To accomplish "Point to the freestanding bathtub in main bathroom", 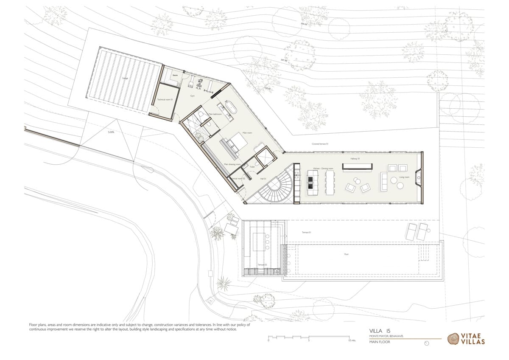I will [x=231, y=108].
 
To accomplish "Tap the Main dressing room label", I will [x=232, y=164].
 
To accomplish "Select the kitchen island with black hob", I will [x=312, y=183].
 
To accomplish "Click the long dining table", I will [x=330, y=183].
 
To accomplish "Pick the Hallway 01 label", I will [x=355, y=159].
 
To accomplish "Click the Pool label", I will [x=346, y=255].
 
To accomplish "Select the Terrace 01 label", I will [x=307, y=232].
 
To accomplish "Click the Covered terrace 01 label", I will [x=320, y=144].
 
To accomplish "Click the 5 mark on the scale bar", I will [x=309, y=340].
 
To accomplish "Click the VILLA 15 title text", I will [x=376, y=330].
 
